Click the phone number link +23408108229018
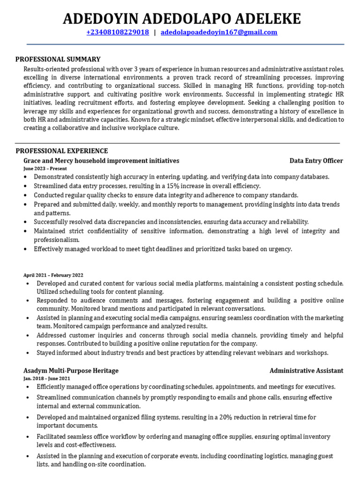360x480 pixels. pyautogui.click(x=118, y=32)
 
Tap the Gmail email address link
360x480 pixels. pyautogui.click(x=219, y=32)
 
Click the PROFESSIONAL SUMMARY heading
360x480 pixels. pyautogui.click(x=58, y=59)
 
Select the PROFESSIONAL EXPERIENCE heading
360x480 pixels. pyautogui.click(x=62, y=151)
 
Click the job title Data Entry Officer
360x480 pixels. pyautogui.click(x=316, y=161)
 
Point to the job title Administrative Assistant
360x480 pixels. pyautogui.click(x=306, y=371)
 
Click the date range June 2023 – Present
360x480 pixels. pyautogui.click(x=45, y=169)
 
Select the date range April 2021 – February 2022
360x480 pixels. pyautogui.click(x=53, y=275)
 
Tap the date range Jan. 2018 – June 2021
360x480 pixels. pyautogui.click(x=47, y=378)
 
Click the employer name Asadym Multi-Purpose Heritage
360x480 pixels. pyautogui.click(x=71, y=371)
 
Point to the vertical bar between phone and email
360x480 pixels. pyautogui.click(x=155, y=32)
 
